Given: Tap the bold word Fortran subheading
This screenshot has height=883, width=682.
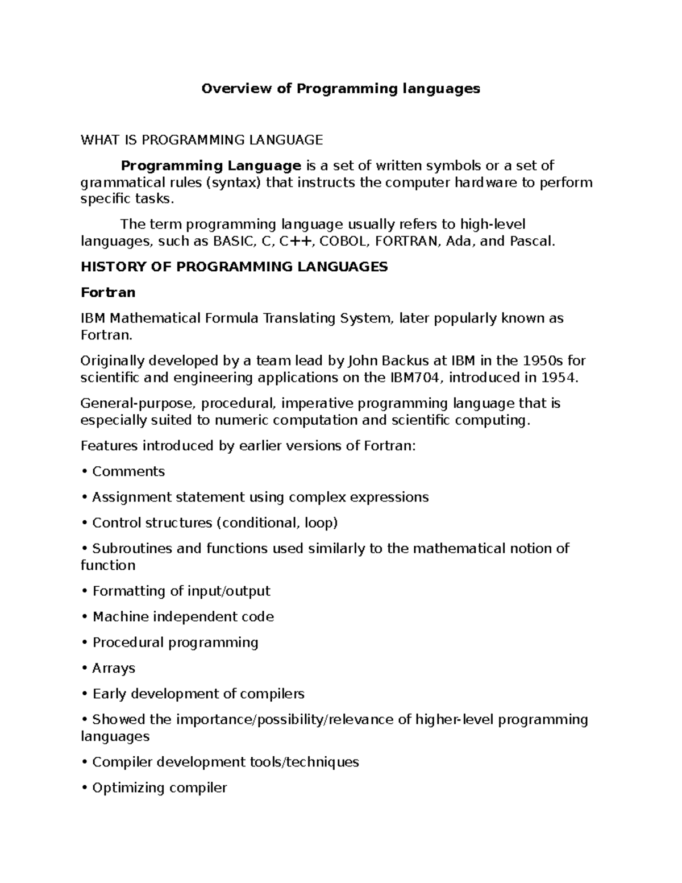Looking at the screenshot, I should (x=108, y=292).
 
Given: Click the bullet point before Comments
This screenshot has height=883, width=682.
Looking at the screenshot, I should (x=84, y=471).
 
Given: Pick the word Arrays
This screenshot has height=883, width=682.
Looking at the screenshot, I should (x=114, y=668).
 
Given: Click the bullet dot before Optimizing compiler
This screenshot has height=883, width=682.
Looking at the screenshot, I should (x=84, y=788).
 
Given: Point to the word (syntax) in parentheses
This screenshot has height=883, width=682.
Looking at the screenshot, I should (x=234, y=183).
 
